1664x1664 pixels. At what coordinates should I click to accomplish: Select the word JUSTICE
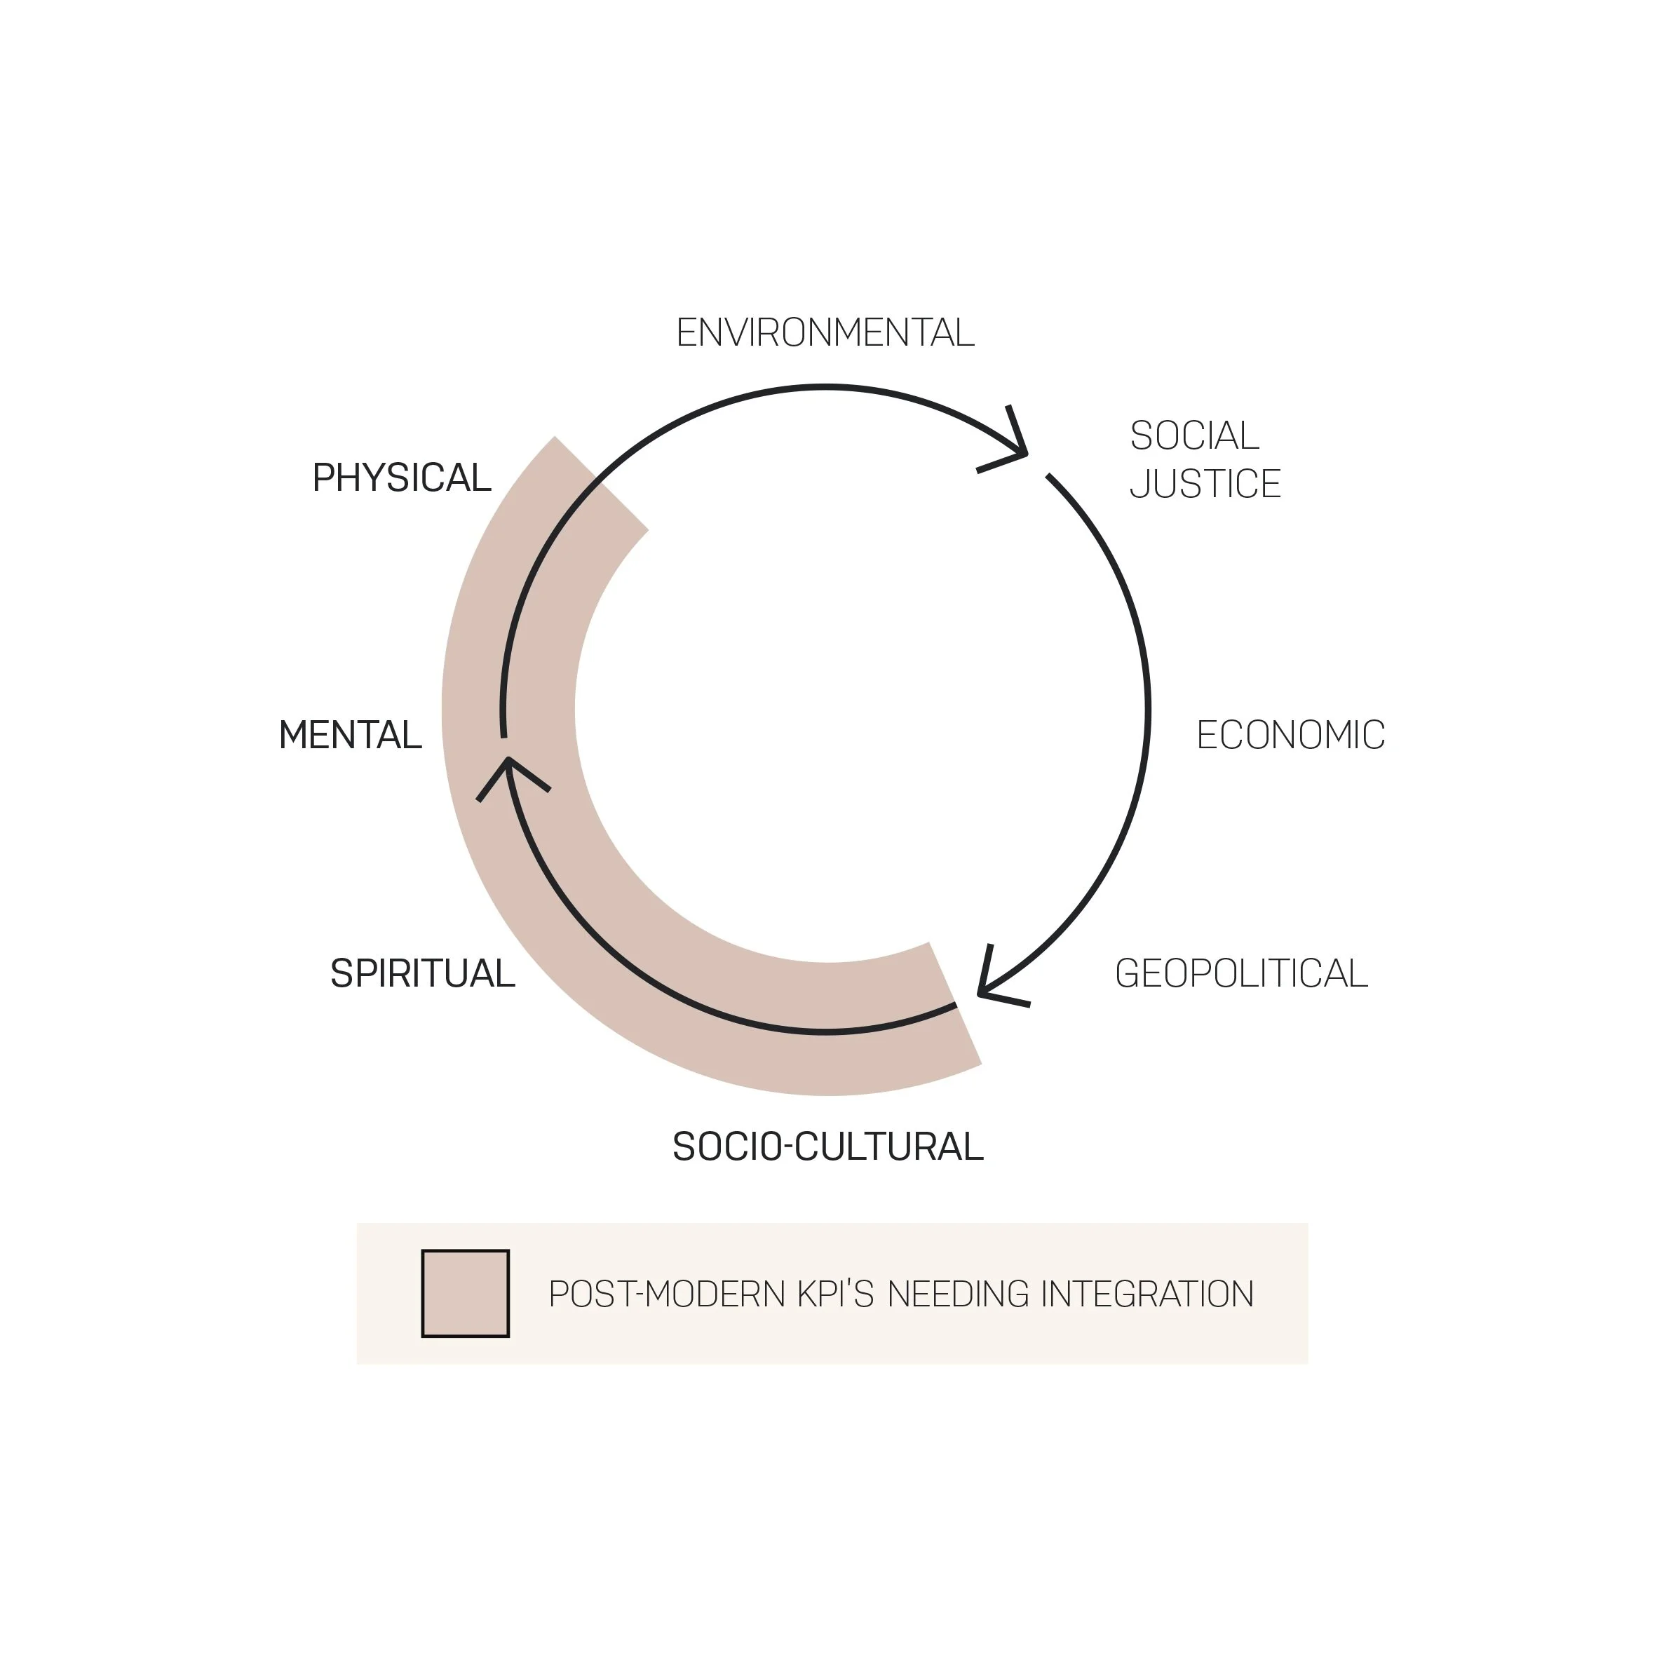click(x=1204, y=484)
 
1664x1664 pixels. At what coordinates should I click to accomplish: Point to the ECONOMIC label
click(x=1290, y=736)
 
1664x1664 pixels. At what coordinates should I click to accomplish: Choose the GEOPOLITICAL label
click(x=1240, y=974)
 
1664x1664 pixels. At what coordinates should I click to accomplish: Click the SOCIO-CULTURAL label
click(x=827, y=1147)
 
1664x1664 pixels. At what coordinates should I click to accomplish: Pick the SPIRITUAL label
click(x=422, y=974)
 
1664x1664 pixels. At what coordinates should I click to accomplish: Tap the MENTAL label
click(x=350, y=736)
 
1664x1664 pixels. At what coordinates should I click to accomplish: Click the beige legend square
click(x=465, y=1294)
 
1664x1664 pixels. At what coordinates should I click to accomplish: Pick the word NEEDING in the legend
click(x=958, y=1294)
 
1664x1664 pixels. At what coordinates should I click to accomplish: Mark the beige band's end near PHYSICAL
click(x=601, y=483)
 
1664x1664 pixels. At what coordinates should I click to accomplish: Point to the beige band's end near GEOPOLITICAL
click(x=954, y=1004)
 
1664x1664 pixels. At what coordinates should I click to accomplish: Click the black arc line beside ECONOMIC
click(x=1147, y=710)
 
